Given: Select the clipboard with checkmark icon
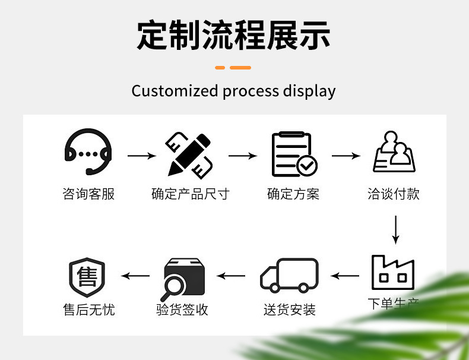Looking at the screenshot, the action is click(293, 154).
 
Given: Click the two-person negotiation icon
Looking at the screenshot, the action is click(394, 153).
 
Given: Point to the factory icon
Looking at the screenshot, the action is click(392, 273).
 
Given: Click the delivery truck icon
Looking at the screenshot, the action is click(290, 275).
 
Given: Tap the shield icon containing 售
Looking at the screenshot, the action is click(87, 277).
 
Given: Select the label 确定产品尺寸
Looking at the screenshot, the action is click(190, 194).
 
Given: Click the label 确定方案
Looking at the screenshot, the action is click(293, 194).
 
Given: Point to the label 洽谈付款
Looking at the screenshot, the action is click(394, 194).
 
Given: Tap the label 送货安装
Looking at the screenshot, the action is click(290, 310).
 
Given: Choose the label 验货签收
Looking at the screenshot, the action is click(182, 310).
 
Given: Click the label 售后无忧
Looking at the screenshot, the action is click(88, 310).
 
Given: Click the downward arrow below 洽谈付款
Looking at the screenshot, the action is click(395, 229).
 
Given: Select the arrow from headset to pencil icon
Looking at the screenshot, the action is click(142, 156).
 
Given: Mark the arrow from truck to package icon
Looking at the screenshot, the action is click(231, 276).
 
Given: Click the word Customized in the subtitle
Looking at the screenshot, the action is click(175, 91).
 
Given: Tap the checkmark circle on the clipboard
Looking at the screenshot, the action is click(307, 165).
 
